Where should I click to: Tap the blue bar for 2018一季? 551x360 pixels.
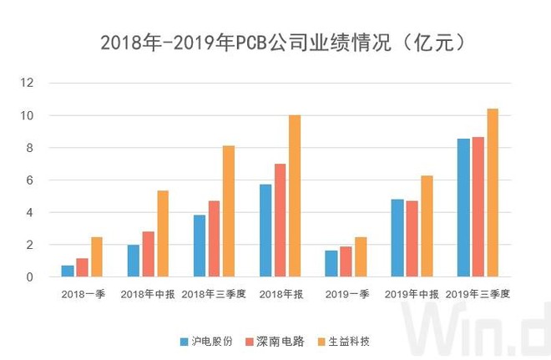click(68, 271)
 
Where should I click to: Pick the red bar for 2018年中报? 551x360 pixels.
click(148, 254)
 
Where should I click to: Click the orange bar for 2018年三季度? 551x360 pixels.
click(229, 211)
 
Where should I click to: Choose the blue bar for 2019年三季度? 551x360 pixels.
click(463, 207)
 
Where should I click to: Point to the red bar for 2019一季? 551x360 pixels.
click(346, 261)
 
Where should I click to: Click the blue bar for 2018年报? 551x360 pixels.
click(265, 231)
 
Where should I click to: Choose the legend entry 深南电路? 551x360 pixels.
click(279, 342)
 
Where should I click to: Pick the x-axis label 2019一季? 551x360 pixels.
click(346, 294)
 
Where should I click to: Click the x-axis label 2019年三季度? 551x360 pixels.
click(478, 294)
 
